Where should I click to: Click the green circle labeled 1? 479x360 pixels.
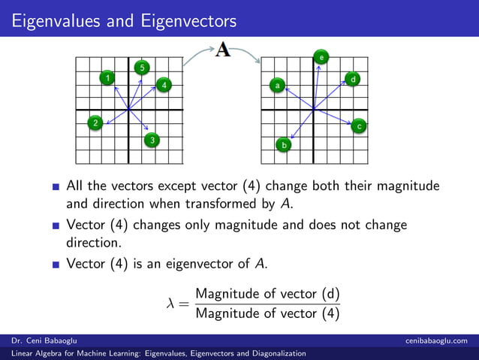(107, 77)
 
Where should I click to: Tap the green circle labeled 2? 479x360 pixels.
(95, 123)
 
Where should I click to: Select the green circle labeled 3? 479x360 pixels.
(152, 140)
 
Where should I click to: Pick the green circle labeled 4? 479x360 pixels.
(164, 85)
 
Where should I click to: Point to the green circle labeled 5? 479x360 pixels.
(141, 68)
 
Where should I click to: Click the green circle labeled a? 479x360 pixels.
(277, 86)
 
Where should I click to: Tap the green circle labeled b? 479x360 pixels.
(283, 144)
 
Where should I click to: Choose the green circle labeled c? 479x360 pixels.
(360, 126)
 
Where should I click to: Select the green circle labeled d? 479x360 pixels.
(353, 78)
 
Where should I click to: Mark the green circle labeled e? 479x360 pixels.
(321, 57)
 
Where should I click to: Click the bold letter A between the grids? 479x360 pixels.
(223, 51)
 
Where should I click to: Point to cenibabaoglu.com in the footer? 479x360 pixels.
(436, 341)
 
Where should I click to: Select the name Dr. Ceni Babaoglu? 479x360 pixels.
(44, 341)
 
